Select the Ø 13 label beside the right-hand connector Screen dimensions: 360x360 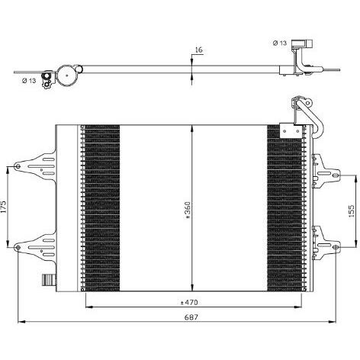tap(280, 43)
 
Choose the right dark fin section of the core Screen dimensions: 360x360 tap(284, 206)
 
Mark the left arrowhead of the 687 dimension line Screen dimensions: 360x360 tap(21, 320)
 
